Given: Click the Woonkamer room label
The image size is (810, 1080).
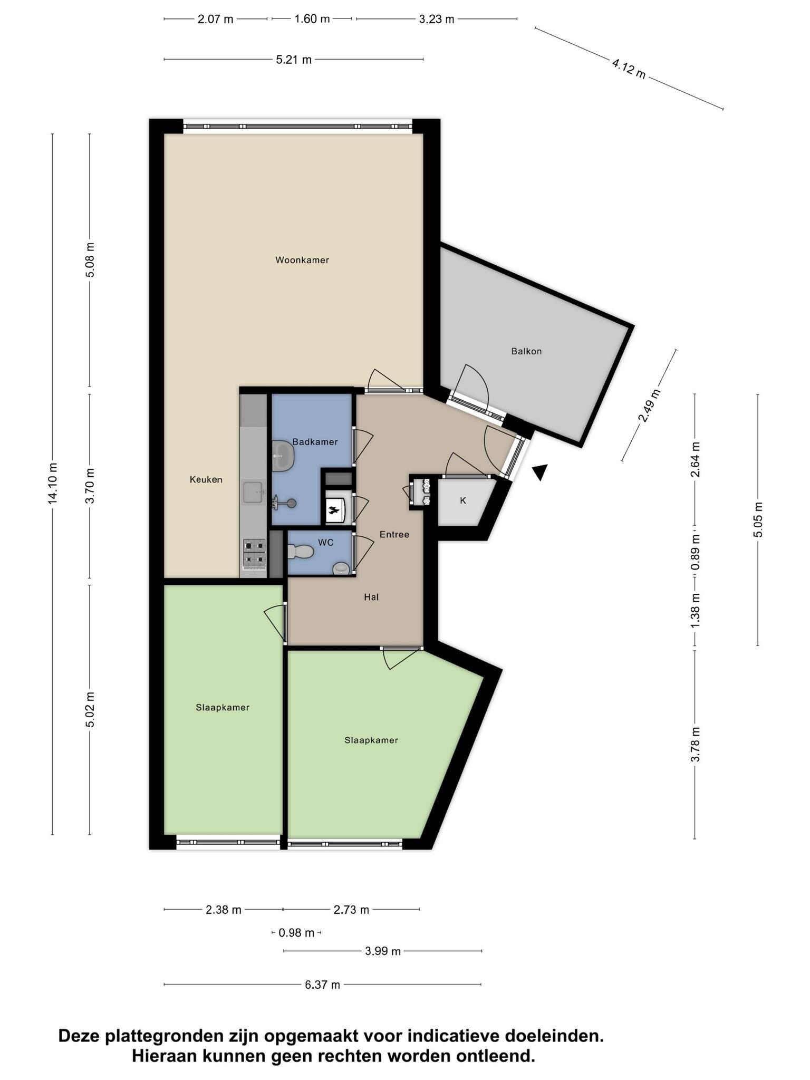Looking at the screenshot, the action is (302, 260).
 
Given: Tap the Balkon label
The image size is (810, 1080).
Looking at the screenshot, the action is (526, 351).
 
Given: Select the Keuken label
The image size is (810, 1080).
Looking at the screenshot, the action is (206, 479).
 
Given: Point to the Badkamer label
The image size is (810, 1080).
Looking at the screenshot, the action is (315, 442).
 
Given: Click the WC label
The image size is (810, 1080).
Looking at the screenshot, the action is (326, 543).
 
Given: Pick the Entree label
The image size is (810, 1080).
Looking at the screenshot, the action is (394, 535).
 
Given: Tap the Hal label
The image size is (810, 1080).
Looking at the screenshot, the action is (371, 597).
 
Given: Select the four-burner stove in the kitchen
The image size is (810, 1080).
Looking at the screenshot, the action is (254, 554).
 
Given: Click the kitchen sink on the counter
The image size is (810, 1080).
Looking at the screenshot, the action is (253, 493).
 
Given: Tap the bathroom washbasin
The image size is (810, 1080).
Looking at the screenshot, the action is (284, 455).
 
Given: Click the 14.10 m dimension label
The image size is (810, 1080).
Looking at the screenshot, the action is (52, 483).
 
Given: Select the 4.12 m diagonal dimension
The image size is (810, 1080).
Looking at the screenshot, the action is (629, 69).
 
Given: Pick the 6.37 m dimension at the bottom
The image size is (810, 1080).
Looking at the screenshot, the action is (322, 985).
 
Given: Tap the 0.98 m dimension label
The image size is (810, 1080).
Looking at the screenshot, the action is (296, 933).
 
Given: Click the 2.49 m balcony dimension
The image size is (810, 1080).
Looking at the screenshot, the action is (649, 406).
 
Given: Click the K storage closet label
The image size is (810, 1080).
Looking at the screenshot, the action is (463, 500).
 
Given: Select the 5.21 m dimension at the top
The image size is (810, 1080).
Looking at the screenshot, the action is (294, 60).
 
